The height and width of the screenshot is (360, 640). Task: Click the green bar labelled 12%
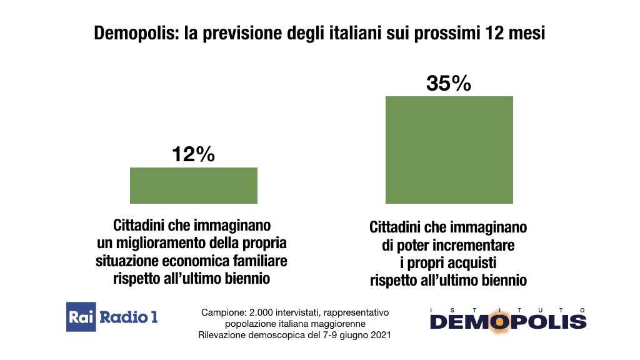tap(193, 186)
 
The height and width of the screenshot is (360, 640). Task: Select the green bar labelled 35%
tap(449, 149)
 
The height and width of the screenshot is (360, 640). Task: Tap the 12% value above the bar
tap(193, 154)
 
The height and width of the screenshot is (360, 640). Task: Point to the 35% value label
tap(448, 83)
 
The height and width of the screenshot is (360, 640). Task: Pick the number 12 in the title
tap(498, 34)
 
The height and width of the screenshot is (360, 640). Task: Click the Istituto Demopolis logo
tap(507, 318)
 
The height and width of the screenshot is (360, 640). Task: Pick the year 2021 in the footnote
tap(379, 336)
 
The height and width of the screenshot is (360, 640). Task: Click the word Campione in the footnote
tap(220, 312)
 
